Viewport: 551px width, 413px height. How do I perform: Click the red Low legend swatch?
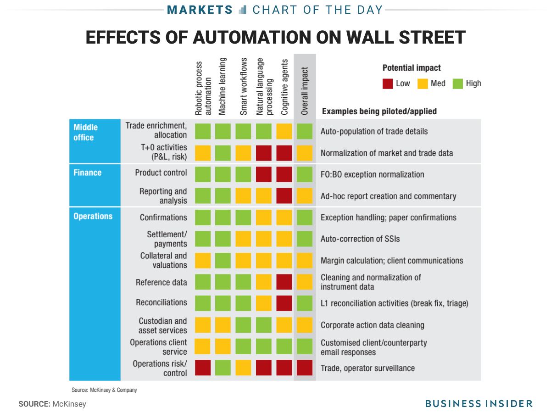coord(388,84)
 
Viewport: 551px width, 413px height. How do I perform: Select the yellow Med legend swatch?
coord(423,84)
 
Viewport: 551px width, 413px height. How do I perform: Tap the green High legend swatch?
coord(458,84)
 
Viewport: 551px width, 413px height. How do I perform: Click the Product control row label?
coord(161,173)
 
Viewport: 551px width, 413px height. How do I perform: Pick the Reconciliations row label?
coord(161,302)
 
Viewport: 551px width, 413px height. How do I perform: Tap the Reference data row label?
coord(161,282)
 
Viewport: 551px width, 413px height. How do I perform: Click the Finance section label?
coord(87,173)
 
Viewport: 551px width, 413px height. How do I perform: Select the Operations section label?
coord(93,216)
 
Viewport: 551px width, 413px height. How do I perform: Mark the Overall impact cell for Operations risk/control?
coord(305,368)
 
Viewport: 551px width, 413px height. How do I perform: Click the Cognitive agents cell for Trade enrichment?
coord(284,131)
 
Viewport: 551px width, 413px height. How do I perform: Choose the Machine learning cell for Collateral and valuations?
coord(223,260)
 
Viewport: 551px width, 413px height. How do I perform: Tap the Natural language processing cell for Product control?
coord(264,174)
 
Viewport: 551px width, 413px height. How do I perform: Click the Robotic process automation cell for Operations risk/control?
coord(203,368)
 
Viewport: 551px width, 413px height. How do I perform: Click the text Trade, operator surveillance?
coord(367,368)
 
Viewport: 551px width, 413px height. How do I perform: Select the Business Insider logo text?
coord(479,403)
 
